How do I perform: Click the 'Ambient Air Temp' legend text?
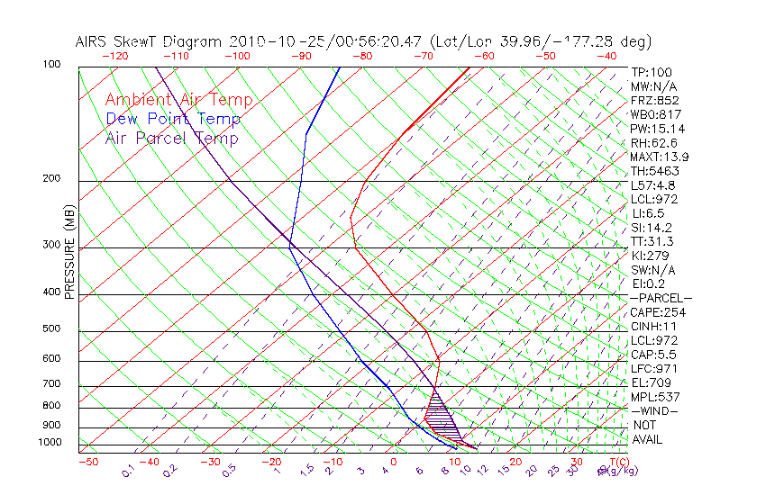(x=178, y=100)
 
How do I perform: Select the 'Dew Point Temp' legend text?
(x=173, y=119)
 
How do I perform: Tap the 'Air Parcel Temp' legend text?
(x=171, y=138)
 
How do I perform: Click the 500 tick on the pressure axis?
(x=51, y=329)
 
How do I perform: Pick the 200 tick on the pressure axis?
(x=51, y=178)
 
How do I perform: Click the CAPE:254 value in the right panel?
(x=658, y=312)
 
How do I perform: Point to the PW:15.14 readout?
(x=658, y=129)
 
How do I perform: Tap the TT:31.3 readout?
(x=653, y=241)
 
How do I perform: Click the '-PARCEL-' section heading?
(x=661, y=298)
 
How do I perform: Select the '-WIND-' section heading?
(x=655, y=410)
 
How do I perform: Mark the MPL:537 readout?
(x=655, y=397)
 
